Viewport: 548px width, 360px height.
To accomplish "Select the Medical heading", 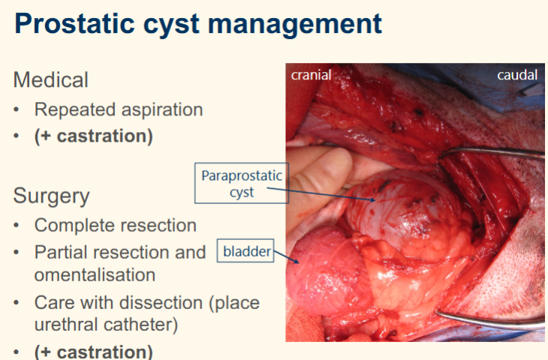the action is (x=51, y=79).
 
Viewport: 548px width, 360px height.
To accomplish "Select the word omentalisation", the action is (x=95, y=274).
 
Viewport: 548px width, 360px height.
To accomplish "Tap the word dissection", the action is (x=159, y=303).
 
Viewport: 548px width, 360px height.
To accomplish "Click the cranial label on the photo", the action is (x=312, y=74).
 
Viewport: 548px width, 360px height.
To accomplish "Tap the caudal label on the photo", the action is (x=517, y=74).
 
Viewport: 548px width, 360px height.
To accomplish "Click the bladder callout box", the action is (x=245, y=250).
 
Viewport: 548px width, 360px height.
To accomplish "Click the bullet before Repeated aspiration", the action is (x=17, y=110).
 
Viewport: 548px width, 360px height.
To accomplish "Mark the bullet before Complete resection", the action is (x=17, y=226).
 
